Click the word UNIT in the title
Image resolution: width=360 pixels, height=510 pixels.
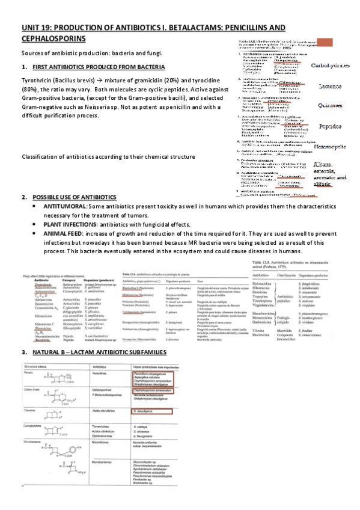click(30, 28)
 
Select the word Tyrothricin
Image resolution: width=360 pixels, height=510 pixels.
click(37, 80)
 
